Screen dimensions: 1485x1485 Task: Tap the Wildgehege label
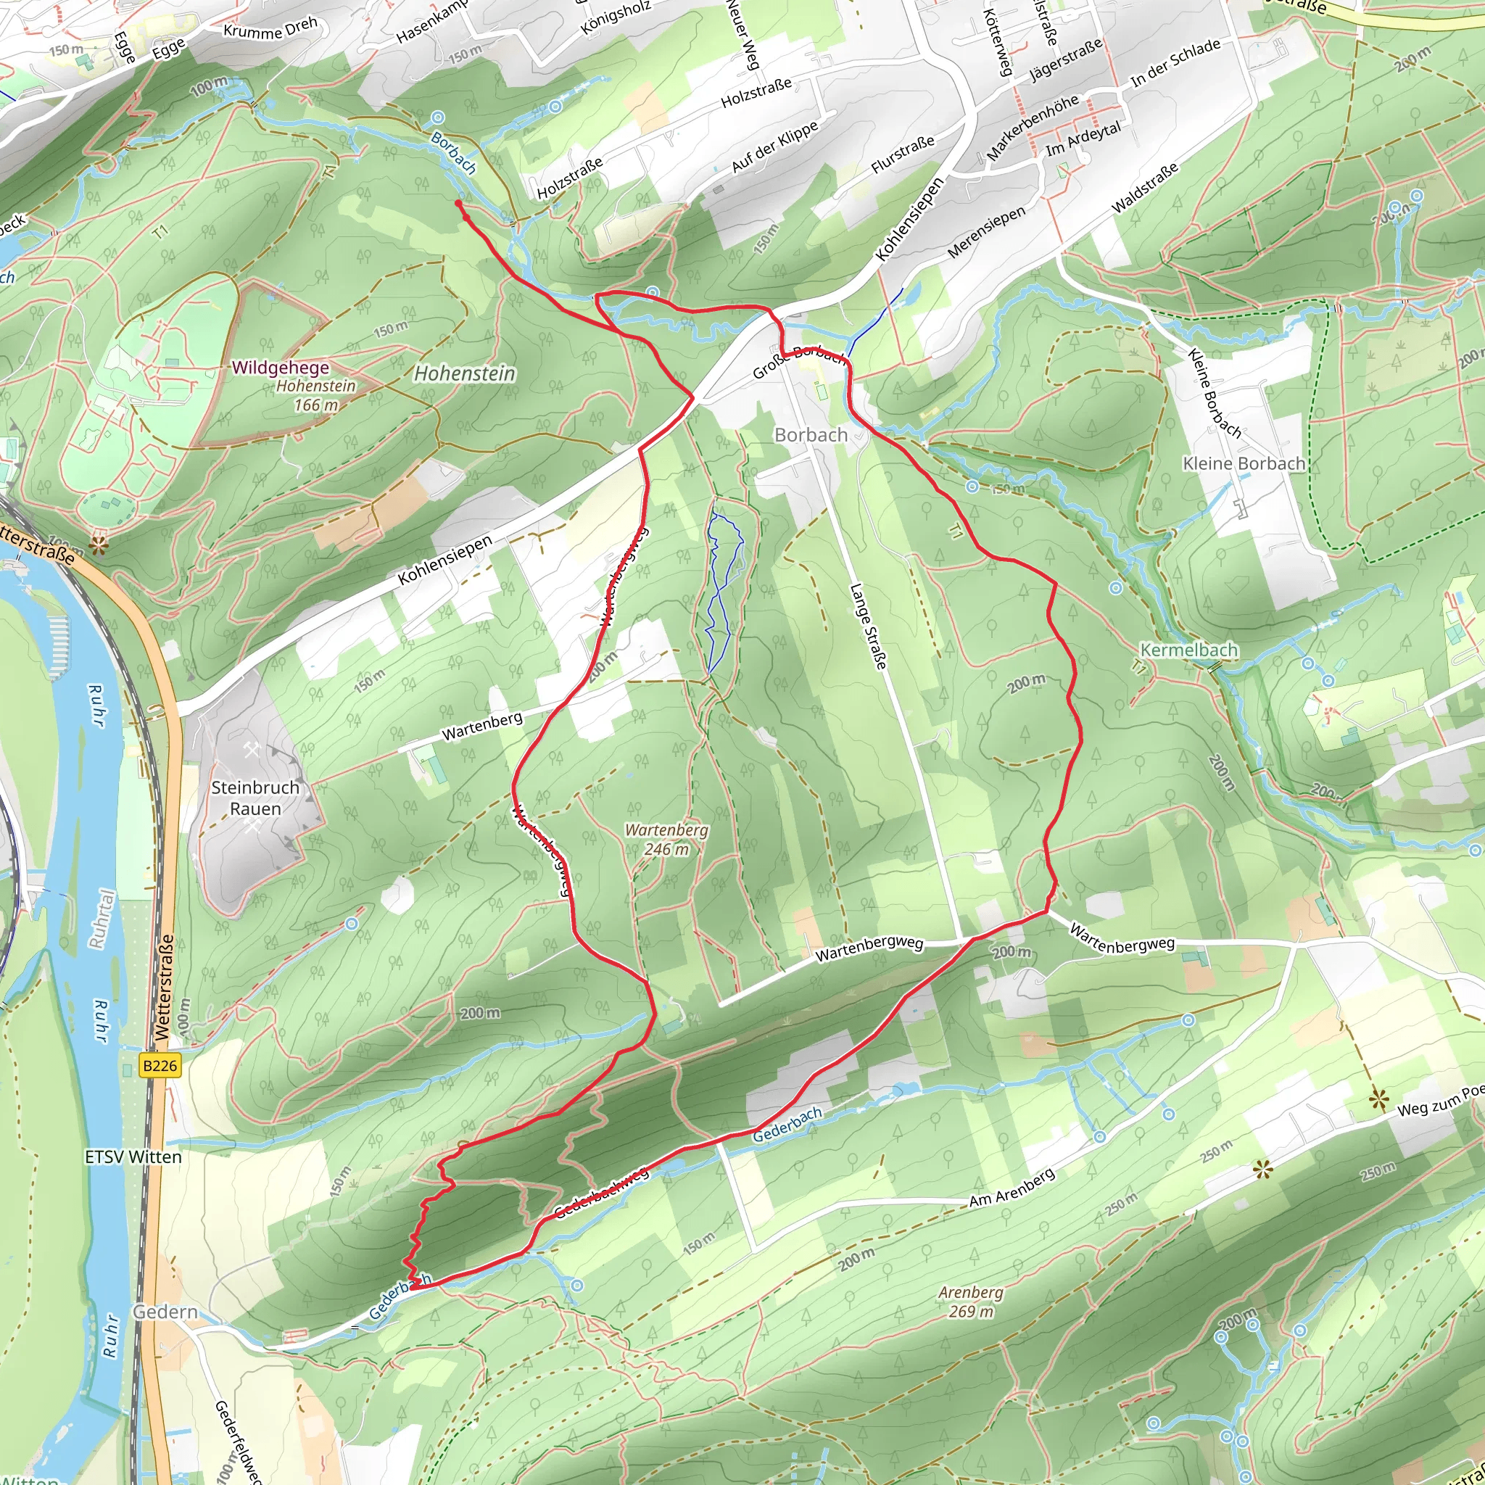click(x=281, y=368)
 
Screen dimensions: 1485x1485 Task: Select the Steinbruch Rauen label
click(x=255, y=798)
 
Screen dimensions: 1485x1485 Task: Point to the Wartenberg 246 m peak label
click(x=666, y=840)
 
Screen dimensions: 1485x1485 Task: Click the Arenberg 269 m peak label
click(x=971, y=1302)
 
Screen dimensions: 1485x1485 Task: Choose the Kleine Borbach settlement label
click(x=1244, y=463)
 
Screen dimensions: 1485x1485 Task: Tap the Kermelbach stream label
click(x=1189, y=650)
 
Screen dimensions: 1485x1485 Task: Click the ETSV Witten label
click(x=133, y=1157)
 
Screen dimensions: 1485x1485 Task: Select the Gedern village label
click(x=165, y=1311)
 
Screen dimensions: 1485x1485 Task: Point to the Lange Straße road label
click(x=869, y=626)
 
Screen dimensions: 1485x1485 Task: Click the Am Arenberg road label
click(x=1012, y=1188)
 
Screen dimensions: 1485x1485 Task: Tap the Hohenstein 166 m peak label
click(x=316, y=395)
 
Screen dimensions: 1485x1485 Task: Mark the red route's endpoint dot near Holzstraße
click(x=458, y=203)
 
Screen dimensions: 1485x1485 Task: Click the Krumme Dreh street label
click(x=270, y=28)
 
